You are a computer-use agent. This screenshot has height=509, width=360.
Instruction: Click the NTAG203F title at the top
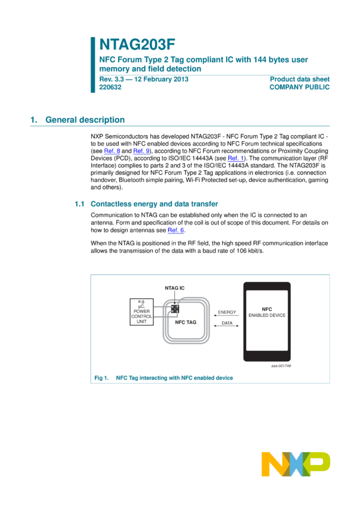point(137,45)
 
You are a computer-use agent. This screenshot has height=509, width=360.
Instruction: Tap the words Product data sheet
point(300,79)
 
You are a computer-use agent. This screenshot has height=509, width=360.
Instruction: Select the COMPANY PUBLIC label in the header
point(300,87)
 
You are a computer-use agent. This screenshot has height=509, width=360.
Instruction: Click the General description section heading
point(84,120)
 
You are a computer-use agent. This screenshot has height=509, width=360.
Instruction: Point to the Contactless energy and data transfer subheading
point(154,204)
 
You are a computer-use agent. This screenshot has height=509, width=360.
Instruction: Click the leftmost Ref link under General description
point(112,152)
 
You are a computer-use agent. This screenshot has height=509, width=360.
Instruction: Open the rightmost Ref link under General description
point(235,159)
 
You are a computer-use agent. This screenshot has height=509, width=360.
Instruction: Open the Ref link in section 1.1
point(176,231)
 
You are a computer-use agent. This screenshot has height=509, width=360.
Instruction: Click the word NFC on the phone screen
point(267,309)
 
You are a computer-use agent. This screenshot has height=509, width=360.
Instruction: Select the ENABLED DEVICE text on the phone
point(267,316)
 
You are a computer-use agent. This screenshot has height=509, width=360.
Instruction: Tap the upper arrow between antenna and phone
point(226,313)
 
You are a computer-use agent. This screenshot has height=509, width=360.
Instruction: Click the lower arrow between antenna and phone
point(226,325)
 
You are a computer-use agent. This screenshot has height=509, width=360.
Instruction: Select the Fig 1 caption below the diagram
point(163,378)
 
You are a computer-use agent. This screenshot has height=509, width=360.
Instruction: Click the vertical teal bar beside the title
point(93,65)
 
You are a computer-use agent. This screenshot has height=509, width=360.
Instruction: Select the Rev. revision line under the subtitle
point(144,79)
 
